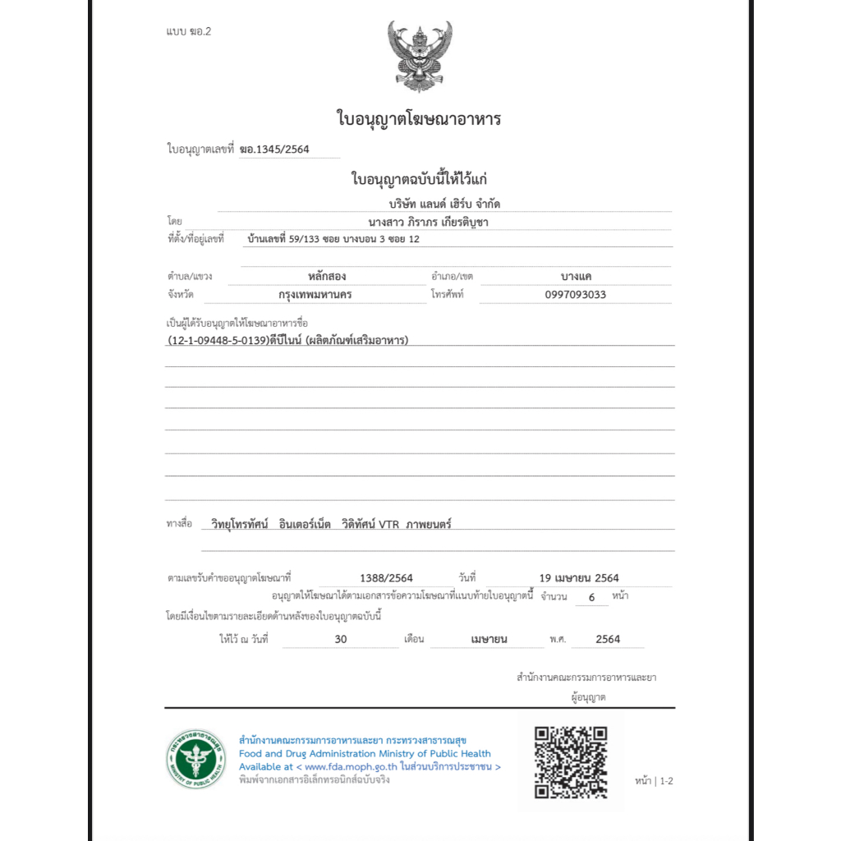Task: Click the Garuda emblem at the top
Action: (x=420, y=56)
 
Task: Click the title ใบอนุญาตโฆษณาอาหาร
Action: (x=419, y=119)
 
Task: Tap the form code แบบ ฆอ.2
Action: (x=189, y=32)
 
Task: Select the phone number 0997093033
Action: (x=575, y=295)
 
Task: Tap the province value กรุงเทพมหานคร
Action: (x=315, y=295)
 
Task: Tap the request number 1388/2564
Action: (x=386, y=577)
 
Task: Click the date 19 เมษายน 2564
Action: (x=579, y=577)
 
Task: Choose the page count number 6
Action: (x=591, y=597)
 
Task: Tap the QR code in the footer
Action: (x=571, y=761)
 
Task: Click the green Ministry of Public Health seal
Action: (x=195, y=759)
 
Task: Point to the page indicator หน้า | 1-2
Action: (x=654, y=781)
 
